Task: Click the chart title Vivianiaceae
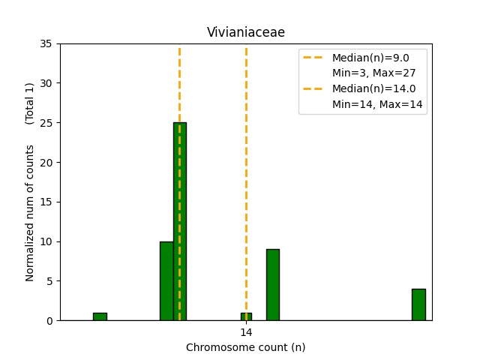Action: tap(246, 32)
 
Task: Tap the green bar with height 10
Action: tap(166, 280)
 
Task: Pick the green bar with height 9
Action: tap(273, 285)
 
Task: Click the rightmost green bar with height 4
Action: tap(418, 304)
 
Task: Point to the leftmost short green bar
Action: tap(100, 316)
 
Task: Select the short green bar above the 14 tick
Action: tap(246, 316)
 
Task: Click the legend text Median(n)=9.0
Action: tap(370, 58)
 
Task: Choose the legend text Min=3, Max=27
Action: tap(373, 73)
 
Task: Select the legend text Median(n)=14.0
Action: tap(373, 89)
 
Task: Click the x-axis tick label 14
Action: tap(246, 332)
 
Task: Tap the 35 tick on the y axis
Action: tap(46, 43)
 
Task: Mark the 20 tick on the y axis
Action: tap(46, 162)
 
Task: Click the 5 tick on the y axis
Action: tap(49, 281)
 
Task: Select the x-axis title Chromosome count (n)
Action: tap(246, 347)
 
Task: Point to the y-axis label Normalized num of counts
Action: tap(30, 213)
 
